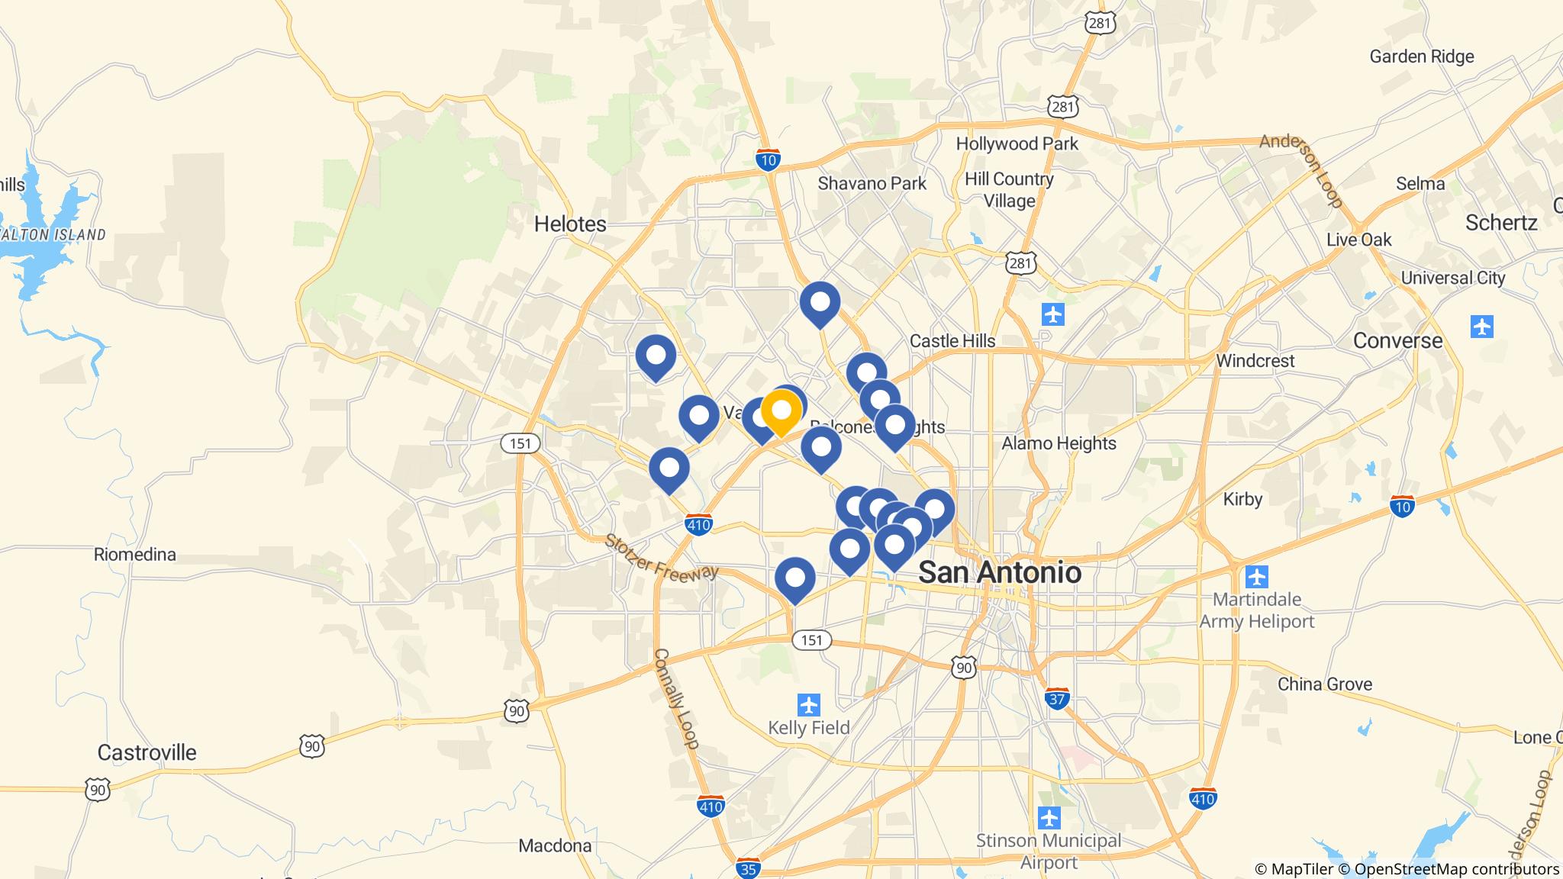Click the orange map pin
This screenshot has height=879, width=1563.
(781, 411)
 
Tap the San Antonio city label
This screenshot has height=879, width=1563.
(999, 572)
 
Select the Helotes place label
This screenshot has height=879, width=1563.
(570, 224)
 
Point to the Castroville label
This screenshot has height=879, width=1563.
(147, 752)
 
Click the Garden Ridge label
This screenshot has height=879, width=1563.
(1421, 56)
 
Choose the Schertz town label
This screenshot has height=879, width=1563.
(1500, 223)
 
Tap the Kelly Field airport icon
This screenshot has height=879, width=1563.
(808, 704)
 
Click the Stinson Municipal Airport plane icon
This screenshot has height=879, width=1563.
(1049, 818)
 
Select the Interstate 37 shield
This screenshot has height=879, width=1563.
(1057, 697)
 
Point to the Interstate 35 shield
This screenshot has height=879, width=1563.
(748, 868)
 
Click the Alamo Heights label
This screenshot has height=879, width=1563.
(1059, 443)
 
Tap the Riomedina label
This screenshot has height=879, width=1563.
(135, 555)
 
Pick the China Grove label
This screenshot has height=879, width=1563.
(1324, 684)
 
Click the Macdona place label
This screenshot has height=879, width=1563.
(555, 845)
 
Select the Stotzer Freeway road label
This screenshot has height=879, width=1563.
(661, 557)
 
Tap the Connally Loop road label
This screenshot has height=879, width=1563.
(676, 698)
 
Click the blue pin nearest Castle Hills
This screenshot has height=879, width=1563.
(866, 373)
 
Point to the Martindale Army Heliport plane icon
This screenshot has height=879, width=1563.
(1257, 576)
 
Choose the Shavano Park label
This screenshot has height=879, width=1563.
(872, 183)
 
